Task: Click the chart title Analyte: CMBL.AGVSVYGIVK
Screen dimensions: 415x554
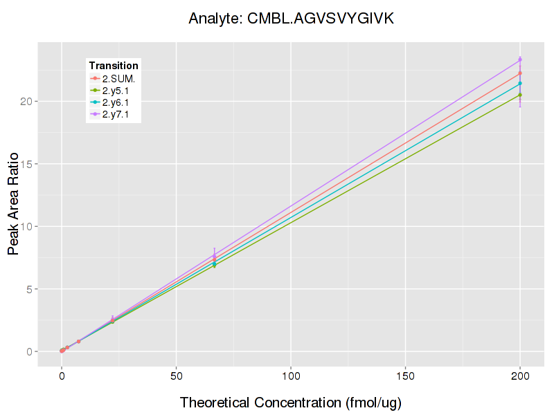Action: pyautogui.click(x=291, y=19)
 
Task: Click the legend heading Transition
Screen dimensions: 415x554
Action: pyautogui.click(x=114, y=65)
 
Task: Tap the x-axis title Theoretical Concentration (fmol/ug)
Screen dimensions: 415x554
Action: pyautogui.click(x=291, y=402)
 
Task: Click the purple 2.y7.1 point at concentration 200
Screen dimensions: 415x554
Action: pyautogui.click(x=520, y=59)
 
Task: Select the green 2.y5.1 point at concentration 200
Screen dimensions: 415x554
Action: pyautogui.click(x=520, y=95)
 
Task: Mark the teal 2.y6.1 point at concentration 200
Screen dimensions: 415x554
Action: pyautogui.click(x=520, y=83)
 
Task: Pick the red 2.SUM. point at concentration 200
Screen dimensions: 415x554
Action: pyautogui.click(x=520, y=73)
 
